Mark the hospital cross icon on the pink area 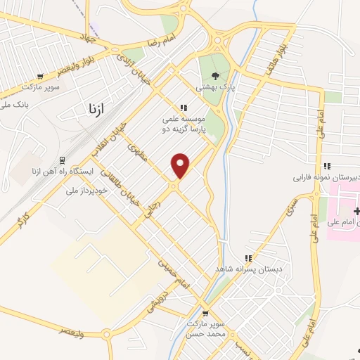point(356,211)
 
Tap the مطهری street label point(138,153)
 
